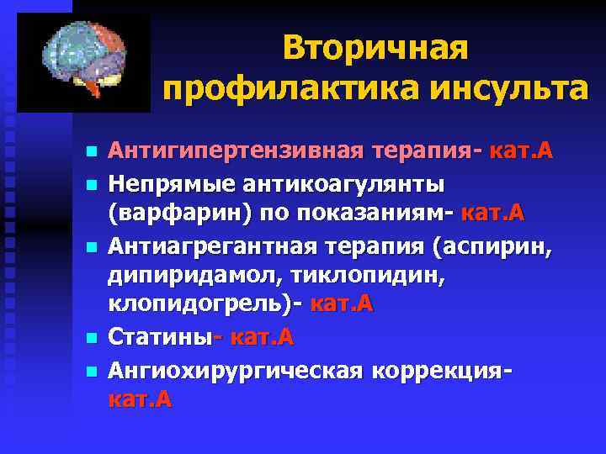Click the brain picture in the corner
coord(83,63)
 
